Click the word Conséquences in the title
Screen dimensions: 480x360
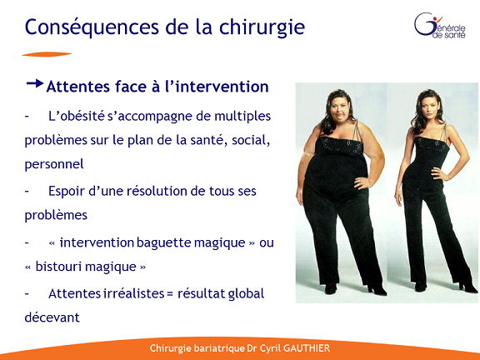coord(92,27)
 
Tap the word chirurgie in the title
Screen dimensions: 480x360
coord(262,27)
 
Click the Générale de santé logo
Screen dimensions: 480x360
coord(440,25)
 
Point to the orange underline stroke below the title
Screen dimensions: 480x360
coord(47,54)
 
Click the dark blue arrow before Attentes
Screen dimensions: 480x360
coord(35,83)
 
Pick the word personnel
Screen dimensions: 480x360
coord(54,165)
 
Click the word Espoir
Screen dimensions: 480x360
coord(67,192)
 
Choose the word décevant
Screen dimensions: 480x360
coord(52,317)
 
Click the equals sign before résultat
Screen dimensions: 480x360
coord(170,294)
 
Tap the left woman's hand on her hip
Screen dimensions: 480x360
coord(362,183)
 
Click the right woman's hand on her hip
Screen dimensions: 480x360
coord(438,174)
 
